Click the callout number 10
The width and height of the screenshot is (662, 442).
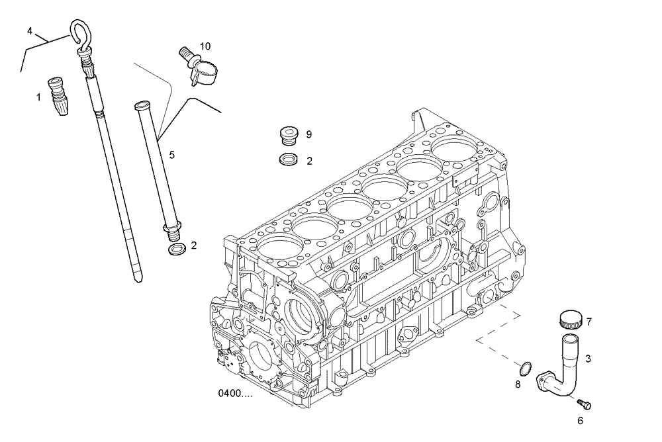205,46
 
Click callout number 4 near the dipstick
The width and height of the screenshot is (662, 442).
30,31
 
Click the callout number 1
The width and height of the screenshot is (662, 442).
38,97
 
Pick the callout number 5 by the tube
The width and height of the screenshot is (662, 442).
171,155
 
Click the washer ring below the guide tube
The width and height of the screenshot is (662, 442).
175,249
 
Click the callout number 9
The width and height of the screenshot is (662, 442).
308,134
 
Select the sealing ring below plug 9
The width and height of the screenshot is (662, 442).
287,159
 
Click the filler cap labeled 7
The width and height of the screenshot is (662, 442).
571,321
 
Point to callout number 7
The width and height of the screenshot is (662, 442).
589,322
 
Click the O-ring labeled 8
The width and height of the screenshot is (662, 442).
524,367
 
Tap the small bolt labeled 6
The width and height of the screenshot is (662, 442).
584,404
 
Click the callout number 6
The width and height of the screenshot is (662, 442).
581,420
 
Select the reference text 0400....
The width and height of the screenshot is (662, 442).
235,394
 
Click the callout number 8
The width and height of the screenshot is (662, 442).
518,384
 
